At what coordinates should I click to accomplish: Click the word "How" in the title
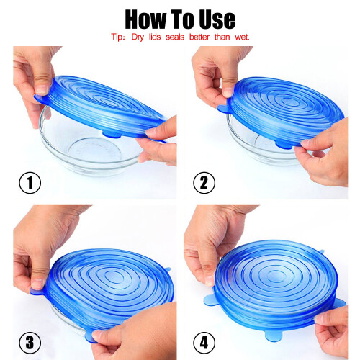[x=145, y=19]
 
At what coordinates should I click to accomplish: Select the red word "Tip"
[x=117, y=37]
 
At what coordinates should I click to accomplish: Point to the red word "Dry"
[x=138, y=37]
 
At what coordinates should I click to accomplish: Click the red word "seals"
[x=175, y=37]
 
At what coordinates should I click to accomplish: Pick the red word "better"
[x=199, y=37]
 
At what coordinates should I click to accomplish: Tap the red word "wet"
[x=242, y=37]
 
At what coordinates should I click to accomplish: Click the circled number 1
[x=30, y=183]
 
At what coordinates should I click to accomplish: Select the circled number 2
[x=204, y=183]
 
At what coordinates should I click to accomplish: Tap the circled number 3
[x=30, y=343]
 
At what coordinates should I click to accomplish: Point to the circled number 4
[x=204, y=343]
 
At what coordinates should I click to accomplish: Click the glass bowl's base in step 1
[x=95, y=150]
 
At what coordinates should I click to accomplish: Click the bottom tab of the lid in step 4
[x=274, y=336]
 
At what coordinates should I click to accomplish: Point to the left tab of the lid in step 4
[x=210, y=300]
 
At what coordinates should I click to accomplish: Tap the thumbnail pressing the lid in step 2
[x=227, y=92]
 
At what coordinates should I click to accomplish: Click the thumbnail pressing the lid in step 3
[x=37, y=284]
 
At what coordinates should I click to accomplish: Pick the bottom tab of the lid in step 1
[x=112, y=135]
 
